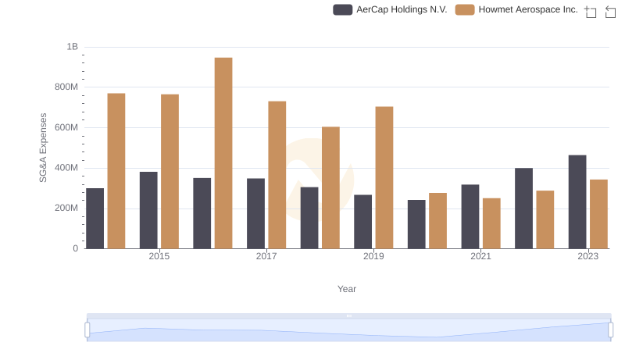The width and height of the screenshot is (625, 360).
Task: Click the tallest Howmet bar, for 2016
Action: (x=223, y=153)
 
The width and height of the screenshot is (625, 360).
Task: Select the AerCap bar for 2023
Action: (x=577, y=201)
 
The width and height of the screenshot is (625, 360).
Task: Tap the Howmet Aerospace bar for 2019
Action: (x=384, y=177)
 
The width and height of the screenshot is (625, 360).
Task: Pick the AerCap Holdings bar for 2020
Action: (x=416, y=224)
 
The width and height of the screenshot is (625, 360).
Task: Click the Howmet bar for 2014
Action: (x=116, y=171)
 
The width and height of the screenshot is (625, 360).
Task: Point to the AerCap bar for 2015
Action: (x=148, y=210)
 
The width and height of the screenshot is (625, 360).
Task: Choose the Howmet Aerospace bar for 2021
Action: (x=491, y=223)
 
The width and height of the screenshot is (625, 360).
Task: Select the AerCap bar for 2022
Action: (x=523, y=208)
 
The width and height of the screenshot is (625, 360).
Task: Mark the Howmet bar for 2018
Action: (x=330, y=187)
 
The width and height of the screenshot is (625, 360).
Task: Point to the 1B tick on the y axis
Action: (x=72, y=47)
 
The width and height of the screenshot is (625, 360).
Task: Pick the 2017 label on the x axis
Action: (x=266, y=256)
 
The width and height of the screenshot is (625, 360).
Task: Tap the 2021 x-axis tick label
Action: (x=480, y=256)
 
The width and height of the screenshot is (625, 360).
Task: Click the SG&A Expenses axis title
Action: (x=44, y=148)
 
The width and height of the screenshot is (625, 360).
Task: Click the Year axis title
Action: (x=347, y=289)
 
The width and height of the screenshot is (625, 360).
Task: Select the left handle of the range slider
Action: (x=87, y=330)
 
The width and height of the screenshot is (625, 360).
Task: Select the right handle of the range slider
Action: (x=610, y=330)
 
